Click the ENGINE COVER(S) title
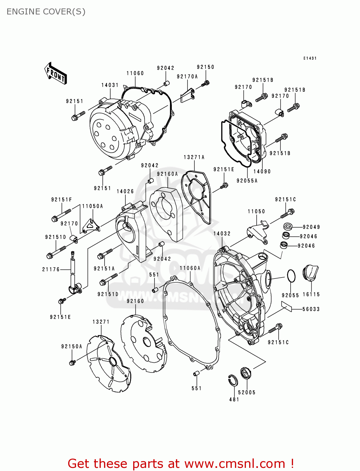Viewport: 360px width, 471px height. [x=46, y=12]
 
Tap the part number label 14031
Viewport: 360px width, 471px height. [x=110, y=85]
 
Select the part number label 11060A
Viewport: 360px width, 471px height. [x=190, y=268]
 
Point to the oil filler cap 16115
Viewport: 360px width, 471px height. [x=310, y=273]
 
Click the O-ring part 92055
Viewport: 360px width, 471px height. [x=291, y=276]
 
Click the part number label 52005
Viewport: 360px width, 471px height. [x=247, y=392]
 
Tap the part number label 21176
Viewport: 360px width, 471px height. [x=51, y=269]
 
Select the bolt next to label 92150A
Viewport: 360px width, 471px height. [x=73, y=362]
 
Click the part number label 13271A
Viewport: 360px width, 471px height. [x=194, y=157]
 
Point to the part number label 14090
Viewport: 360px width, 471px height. [x=262, y=171]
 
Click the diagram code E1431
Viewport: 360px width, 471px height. [x=310, y=58]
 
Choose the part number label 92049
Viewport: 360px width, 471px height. [x=311, y=227]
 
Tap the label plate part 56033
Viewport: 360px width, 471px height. [x=286, y=306]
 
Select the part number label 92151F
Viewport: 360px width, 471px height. [x=62, y=200]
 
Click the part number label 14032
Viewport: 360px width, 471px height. [x=222, y=234]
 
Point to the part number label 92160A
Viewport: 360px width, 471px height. [x=167, y=174]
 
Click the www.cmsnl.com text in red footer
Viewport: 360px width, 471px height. [x=234, y=463]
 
